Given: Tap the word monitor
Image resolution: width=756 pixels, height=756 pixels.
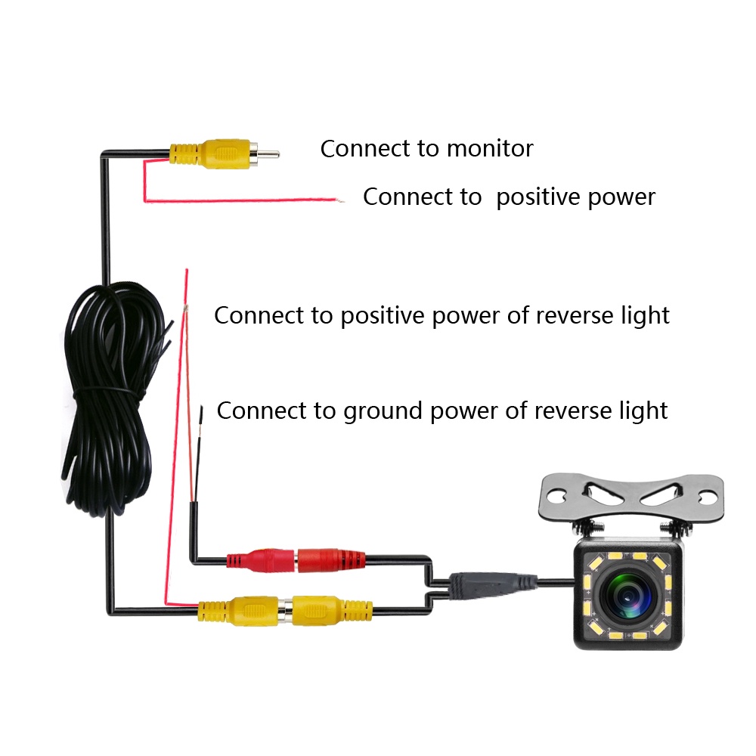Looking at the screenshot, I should pyautogui.click(x=489, y=148).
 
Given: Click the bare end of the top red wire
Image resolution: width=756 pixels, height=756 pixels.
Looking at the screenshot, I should pyautogui.click(x=340, y=200).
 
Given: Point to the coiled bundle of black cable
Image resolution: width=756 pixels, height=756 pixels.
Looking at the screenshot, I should pyautogui.click(x=113, y=393).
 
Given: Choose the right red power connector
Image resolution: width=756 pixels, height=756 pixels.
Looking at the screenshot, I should pyautogui.click(x=330, y=561).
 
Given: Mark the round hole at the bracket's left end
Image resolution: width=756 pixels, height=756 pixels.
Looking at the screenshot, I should pyautogui.click(x=556, y=497).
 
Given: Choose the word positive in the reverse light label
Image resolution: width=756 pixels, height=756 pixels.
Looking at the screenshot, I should pyautogui.click(x=383, y=315).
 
